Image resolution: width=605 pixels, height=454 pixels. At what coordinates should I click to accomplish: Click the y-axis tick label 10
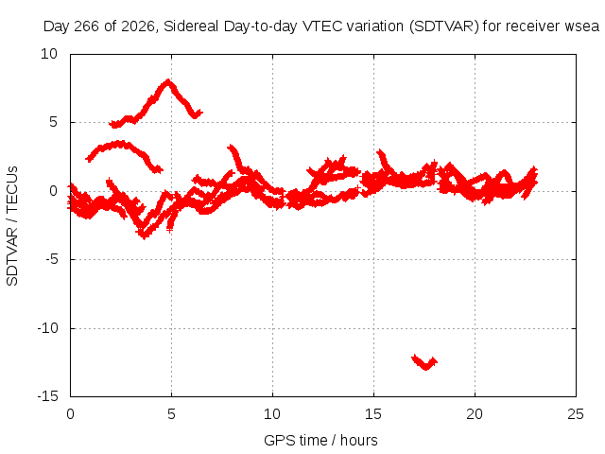tap(49, 54)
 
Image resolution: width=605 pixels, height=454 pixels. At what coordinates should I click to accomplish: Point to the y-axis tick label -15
tap(48, 396)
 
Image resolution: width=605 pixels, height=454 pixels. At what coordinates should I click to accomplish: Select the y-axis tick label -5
tap(51, 259)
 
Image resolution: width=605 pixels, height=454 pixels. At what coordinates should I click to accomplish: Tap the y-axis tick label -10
tap(48, 328)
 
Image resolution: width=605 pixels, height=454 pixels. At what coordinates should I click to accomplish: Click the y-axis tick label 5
tap(53, 122)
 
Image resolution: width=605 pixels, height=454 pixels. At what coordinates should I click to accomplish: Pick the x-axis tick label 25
tap(576, 414)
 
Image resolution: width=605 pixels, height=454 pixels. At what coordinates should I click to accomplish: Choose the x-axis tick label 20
tap(475, 414)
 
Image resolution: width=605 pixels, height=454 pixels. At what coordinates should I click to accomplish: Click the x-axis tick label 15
tap(373, 414)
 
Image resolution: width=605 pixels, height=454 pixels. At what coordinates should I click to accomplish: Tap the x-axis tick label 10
tap(272, 414)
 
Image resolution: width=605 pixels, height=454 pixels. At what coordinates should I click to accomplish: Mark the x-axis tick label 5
tap(171, 414)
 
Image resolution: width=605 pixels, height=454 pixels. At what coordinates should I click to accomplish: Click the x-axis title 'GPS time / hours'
tap(320, 440)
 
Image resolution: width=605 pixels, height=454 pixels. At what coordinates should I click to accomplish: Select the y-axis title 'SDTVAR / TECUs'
tap(12, 226)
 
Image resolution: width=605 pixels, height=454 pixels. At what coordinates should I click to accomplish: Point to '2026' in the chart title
tap(138, 26)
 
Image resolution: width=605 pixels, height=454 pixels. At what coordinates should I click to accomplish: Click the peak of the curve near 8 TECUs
tap(168, 81)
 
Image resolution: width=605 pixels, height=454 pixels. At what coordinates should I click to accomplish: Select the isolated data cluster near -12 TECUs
tap(424, 361)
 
